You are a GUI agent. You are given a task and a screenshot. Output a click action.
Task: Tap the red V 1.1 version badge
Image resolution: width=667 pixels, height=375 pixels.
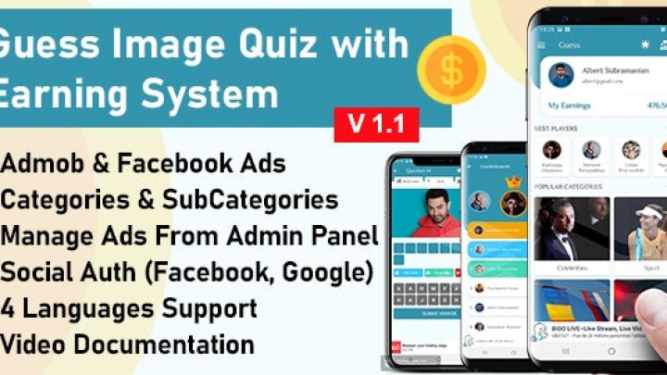click(x=376, y=123)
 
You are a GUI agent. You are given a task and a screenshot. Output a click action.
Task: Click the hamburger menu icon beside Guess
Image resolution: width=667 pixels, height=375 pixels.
click(x=542, y=44)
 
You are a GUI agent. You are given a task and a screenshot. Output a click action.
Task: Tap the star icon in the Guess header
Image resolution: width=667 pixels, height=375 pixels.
click(x=645, y=44)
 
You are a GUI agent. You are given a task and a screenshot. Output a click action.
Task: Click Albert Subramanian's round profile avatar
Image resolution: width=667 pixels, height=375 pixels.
click(x=560, y=73)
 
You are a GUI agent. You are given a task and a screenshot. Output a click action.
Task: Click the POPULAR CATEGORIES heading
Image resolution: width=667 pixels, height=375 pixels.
click(x=570, y=186)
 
